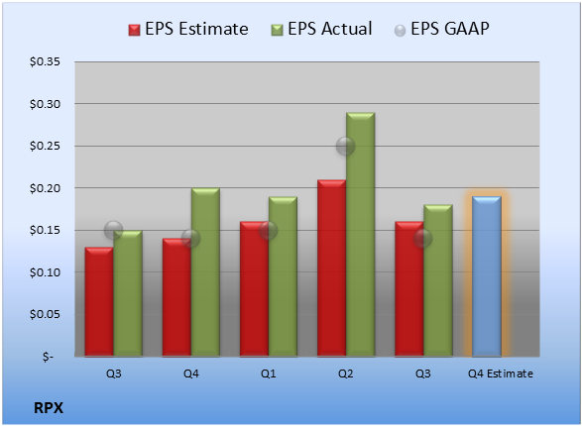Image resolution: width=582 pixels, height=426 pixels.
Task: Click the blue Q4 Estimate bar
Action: pyautogui.click(x=487, y=276)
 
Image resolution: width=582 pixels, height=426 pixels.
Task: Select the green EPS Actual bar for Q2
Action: pyautogui.click(x=361, y=235)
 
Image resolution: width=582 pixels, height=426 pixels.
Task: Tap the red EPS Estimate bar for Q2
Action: pyautogui.click(x=332, y=268)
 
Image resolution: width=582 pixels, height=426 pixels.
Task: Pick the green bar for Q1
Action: pyautogui.click(x=283, y=276)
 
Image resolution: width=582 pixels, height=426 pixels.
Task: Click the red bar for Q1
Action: pyautogui.click(x=254, y=289)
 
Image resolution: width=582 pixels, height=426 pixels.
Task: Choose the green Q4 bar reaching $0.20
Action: pyautogui.click(x=205, y=272)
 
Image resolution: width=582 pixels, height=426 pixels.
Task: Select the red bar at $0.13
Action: pyautogui.click(x=99, y=302)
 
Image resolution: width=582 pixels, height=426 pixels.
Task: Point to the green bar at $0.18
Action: pyautogui.click(x=438, y=280)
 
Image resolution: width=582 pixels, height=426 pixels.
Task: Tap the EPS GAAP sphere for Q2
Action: pyautogui.click(x=346, y=146)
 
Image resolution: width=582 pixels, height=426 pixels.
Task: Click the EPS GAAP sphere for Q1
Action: pyautogui.click(x=269, y=230)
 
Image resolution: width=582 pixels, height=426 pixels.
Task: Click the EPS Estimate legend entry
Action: pyautogui.click(x=188, y=29)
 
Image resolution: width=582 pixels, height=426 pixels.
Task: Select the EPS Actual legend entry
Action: pyautogui.click(x=321, y=29)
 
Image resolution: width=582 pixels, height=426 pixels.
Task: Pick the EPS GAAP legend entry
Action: pyautogui.click(x=441, y=29)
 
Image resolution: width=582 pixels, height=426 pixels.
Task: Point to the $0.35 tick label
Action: pyautogui.click(x=45, y=61)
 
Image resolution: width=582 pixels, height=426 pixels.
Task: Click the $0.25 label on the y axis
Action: pyautogui.click(x=45, y=146)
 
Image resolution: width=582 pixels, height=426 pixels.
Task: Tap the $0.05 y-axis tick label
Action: pyautogui.click(x=45, y=314)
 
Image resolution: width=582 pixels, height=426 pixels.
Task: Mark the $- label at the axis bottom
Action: pyautogui.click(x=48, y=357)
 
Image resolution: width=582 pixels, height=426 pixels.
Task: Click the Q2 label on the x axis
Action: pyautogui.click(x=346, y=373)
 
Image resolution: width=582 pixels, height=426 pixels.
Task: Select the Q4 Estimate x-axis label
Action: pyautogui.click(x=501, y=373)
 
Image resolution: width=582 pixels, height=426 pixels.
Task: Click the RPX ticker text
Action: pyautogui.click(x=49, y=408)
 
